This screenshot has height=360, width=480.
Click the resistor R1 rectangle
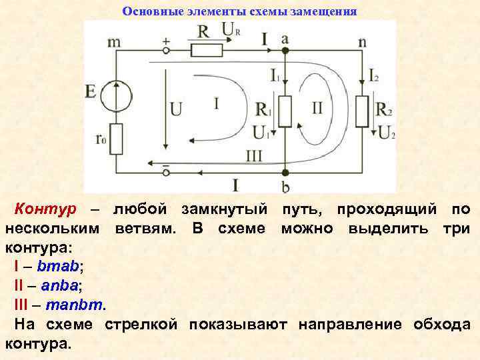[x=285, y=111]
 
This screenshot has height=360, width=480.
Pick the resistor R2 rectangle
[x=363, y=111]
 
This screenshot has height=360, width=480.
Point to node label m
[x=115, y=41]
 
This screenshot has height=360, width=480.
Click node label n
[x=362, y=41]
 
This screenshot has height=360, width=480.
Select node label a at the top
[x=285, y=39]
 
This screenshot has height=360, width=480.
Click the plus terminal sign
[x=165, y=40]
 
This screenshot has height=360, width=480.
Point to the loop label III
[x=254, y=156]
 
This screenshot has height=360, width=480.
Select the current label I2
[x=374, y=75]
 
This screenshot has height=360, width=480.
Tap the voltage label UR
[x=231, y=30]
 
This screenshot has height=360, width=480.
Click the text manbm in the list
[x=77, y=305]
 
